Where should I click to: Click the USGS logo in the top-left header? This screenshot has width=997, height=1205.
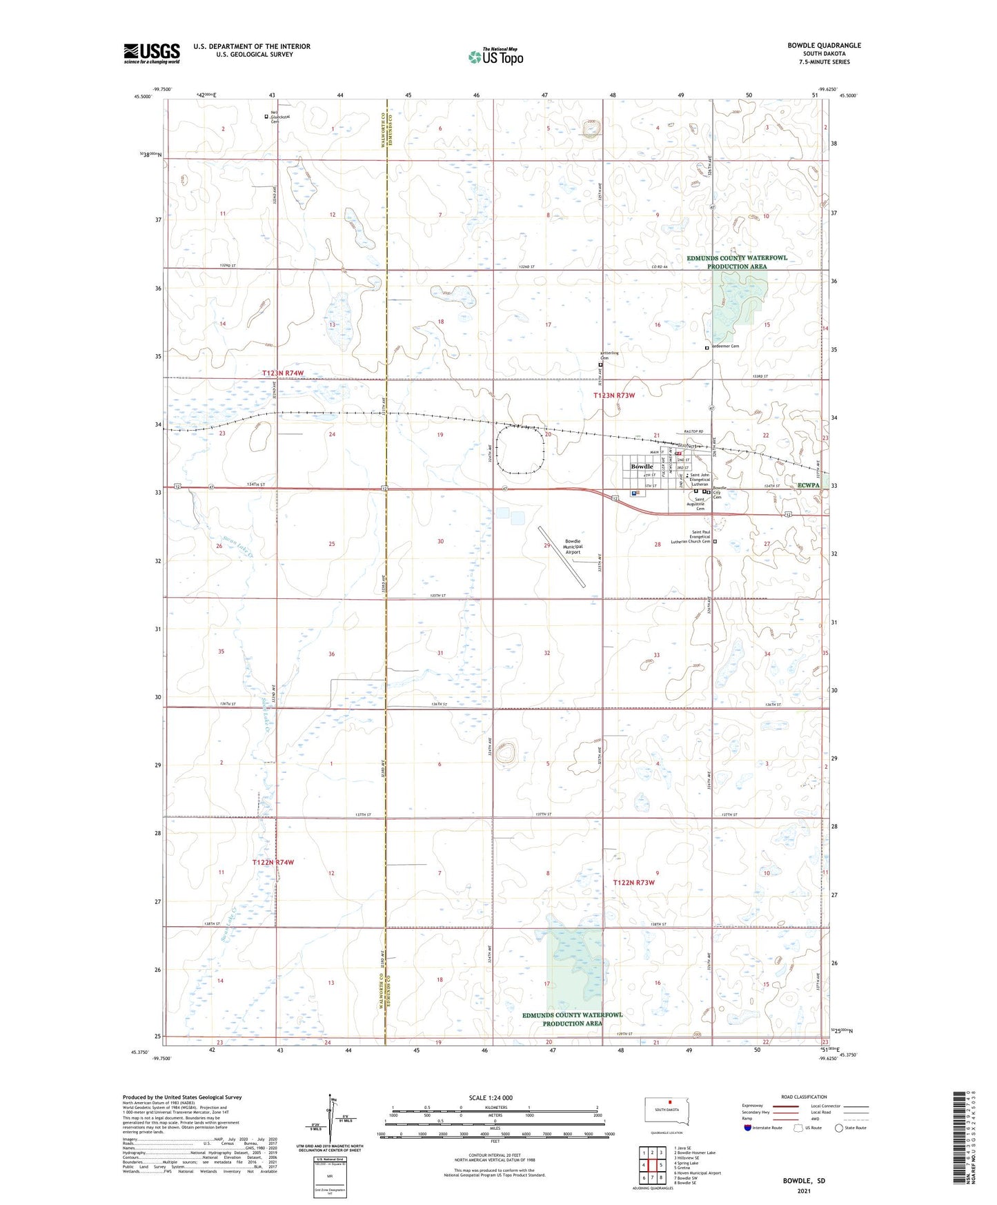151,53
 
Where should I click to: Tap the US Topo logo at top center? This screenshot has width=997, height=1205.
495,56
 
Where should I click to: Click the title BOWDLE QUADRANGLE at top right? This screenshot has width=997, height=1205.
824,46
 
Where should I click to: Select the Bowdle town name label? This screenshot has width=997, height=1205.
642,467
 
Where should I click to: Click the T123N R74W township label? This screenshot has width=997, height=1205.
282,373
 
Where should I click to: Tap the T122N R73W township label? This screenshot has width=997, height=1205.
633,883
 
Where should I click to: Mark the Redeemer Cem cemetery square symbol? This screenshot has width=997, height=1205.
707,349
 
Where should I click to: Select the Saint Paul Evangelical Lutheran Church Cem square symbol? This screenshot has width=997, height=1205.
715,542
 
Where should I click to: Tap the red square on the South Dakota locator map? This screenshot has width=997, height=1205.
669,1101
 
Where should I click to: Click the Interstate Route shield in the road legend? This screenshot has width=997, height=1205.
748,1128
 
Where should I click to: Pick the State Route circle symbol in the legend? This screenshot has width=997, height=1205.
839,1128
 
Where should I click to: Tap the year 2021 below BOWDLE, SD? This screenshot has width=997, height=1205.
803,1191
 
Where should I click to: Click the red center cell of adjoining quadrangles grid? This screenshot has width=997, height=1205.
652,1164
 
